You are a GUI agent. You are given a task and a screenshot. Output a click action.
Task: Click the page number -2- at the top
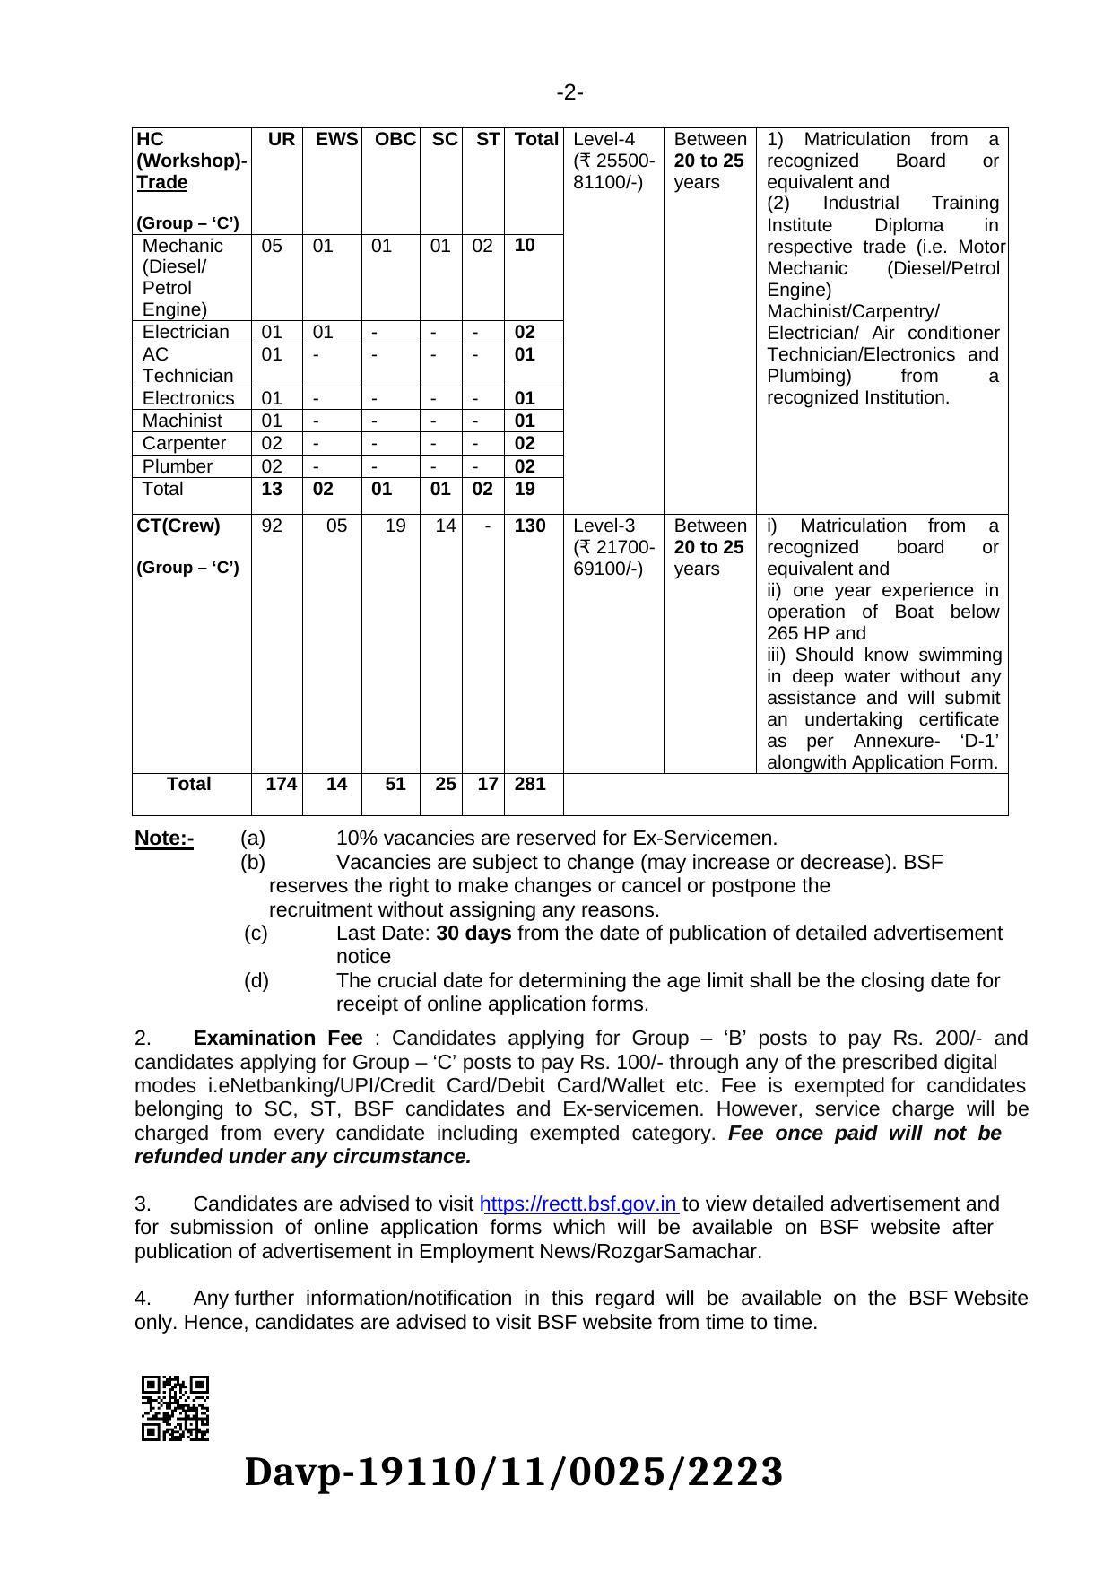[x=570, y=92]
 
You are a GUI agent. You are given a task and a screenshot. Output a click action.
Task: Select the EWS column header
[x=336, y=139]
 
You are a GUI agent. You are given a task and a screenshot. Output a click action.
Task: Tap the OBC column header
[x=395, y=139]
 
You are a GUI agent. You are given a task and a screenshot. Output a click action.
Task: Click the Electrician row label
[x=186, y=332]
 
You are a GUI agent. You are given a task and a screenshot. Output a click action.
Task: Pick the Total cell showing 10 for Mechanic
[x=525, y=245]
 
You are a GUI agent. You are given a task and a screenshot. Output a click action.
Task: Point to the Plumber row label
[x=178, y=466]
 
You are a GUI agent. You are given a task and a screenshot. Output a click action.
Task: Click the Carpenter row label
[x=184, y=443]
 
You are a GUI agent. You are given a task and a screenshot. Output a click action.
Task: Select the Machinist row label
[x=182, y=421]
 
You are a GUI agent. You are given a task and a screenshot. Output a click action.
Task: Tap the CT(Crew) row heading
[x=178, y=526]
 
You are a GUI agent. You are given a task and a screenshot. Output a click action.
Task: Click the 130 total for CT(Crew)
[x=530, y=526]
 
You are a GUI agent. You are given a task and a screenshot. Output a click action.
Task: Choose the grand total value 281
[x=530, y=784]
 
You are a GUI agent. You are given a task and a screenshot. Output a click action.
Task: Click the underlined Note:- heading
[x=164, y=839]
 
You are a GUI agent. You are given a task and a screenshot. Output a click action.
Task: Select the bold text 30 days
[x=473, y=933]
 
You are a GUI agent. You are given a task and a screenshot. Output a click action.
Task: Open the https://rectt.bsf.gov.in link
[x=579, y=1204]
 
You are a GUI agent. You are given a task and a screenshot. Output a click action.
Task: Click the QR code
[x=175, y=1408]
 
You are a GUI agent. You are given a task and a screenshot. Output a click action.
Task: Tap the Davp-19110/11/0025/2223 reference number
[x=514, y=1473]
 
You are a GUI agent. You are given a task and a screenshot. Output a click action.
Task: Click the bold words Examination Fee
[x=278, y=1039]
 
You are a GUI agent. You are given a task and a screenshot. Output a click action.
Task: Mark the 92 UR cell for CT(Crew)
[x=272, y=526]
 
